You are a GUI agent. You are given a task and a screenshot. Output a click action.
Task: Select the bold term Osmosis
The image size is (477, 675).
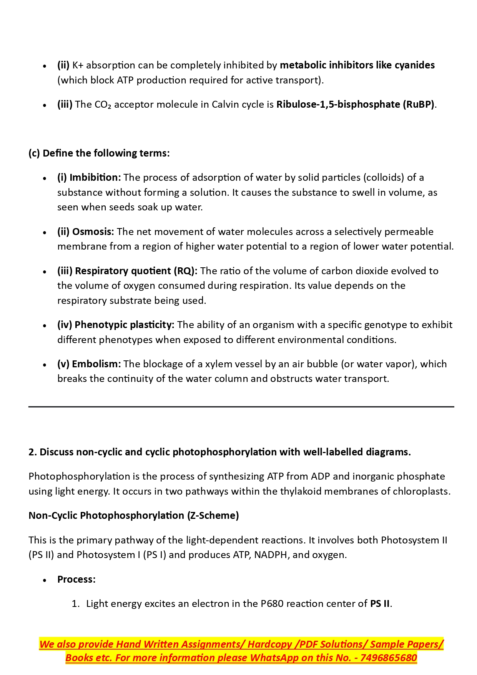[x=93, y=232]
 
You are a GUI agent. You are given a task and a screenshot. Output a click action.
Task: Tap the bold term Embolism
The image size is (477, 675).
[x=96, y=364]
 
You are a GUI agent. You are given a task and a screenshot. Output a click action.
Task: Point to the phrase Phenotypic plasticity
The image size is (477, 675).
[x=124, y=325]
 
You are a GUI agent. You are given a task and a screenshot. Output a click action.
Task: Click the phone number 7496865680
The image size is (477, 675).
[x=389, y=658]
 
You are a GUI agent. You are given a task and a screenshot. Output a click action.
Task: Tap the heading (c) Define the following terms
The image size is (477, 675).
[x=99, y=153]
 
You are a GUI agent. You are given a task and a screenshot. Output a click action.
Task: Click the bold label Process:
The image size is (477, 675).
[x=76, y=579]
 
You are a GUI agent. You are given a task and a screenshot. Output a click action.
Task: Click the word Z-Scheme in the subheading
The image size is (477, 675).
[x=213, y=515]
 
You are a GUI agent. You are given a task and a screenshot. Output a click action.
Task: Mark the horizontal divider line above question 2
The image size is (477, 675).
[x=241, y=407]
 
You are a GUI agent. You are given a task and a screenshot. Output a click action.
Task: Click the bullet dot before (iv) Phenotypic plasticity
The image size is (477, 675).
[x=45, y=325]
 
